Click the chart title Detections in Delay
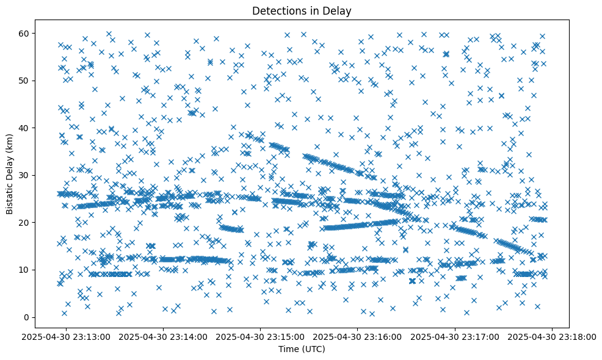click(x=302, y=10)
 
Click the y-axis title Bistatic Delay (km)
click(x=10, y=174)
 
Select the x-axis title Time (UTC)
click(x=302, y=349)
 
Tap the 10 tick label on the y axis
click(x=25, y=270)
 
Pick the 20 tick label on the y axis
click(x=25, y=223)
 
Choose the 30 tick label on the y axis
click(x=25, y=175)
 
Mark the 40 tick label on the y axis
click(x=25, y=128)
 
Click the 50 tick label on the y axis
click(x=25, y=81)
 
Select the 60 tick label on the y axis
click(x=25, y=33)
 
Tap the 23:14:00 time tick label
click(x=164, y=336)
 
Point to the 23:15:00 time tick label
click(x=261, y=336)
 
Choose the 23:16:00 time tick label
click(x=358, y=336)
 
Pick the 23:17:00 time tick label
click(x=455, y=336)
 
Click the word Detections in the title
click(x=278, y=10)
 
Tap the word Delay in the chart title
click(x=339, y=10)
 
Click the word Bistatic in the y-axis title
click(x=10, y=196)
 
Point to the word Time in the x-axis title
click(x=289, y=349)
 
